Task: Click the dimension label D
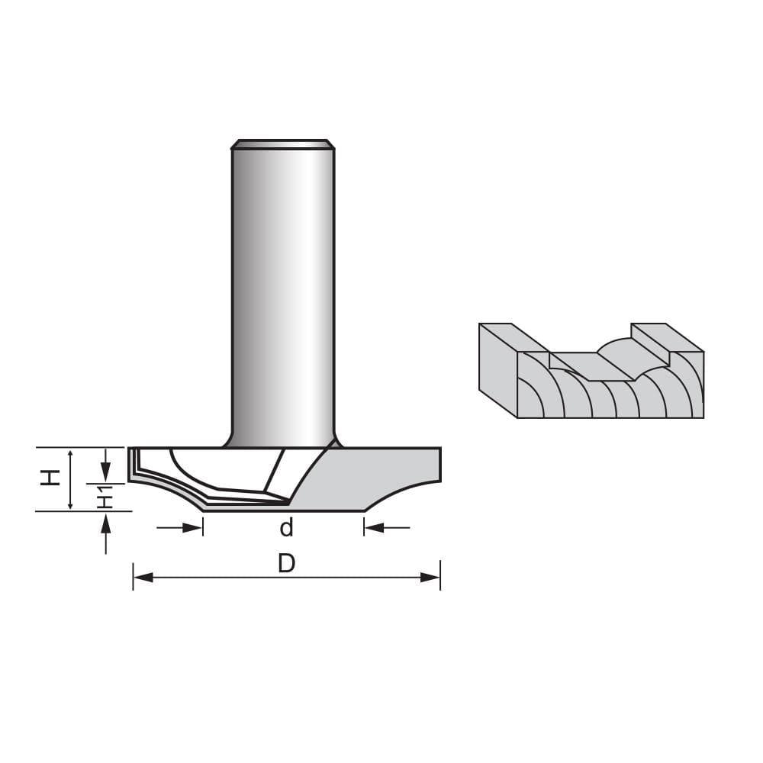[286, 563]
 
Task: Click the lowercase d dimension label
[286, 527]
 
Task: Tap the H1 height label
[105, 497]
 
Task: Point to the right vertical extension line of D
[440, 576]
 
